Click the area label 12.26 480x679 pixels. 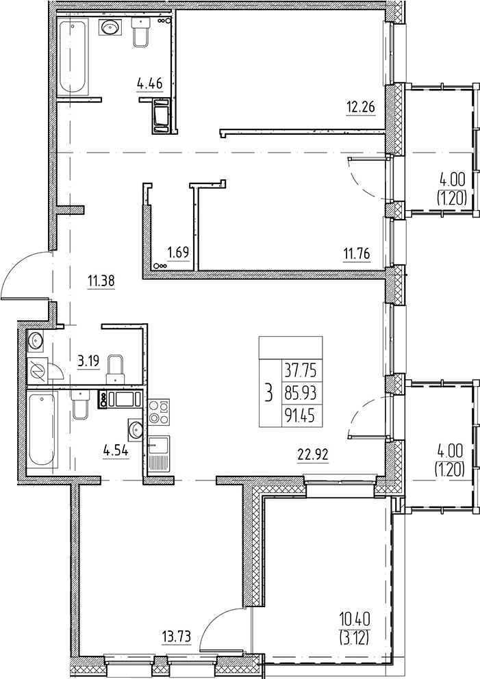point(360,107)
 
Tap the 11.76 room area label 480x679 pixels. point(357,253)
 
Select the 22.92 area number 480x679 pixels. point(313,454)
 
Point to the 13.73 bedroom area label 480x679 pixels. point(175,637)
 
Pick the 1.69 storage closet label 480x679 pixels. point(178,253)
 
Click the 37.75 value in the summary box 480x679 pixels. point(301,371)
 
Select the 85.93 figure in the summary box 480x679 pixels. point(301,394)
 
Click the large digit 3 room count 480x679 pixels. point(270,394)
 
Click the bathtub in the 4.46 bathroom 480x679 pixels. point(73,56)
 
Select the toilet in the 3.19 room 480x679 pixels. point(116,368)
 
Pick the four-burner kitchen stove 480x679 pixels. point(159,412)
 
